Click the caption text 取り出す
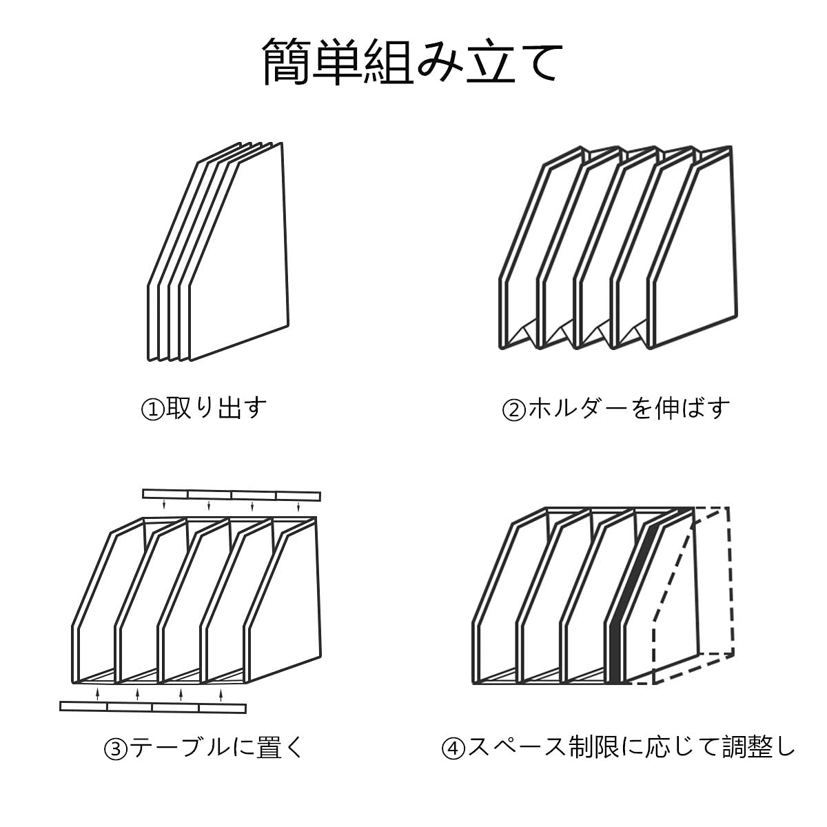pos(216,409)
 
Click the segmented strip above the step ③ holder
pos(232,495)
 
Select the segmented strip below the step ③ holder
pos(153,707)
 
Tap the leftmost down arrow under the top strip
pos(164,506)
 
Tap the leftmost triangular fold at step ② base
pos(524,336)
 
